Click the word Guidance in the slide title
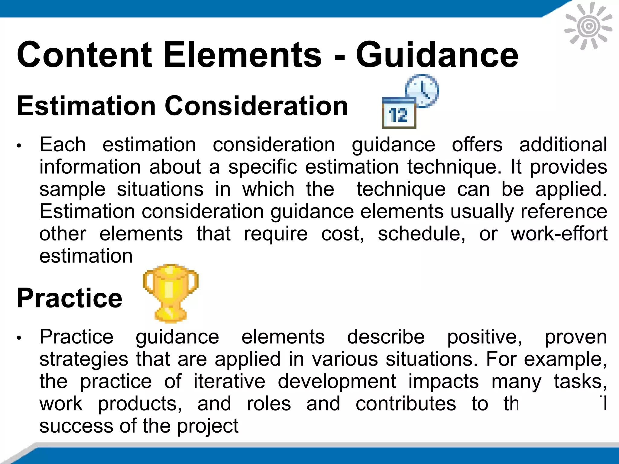click(437, 55)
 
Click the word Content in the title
click(84, 55)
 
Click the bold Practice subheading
click(70, 298)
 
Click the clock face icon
click(422, 90)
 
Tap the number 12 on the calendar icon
click(399, 115)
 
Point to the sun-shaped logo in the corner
click(588, 26)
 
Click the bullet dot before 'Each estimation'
click(19, 146)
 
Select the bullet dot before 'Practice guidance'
click(19, 338)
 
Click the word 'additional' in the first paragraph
click(563, 144)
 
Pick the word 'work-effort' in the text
click(559, 234)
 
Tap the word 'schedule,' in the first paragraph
click(421, 234)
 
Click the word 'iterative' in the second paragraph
click(229, 381)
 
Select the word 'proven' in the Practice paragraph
click(575, 337)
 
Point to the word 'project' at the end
click(208, 426)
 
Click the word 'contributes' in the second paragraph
click(406, 404)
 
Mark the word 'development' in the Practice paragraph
click(337, 381)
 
